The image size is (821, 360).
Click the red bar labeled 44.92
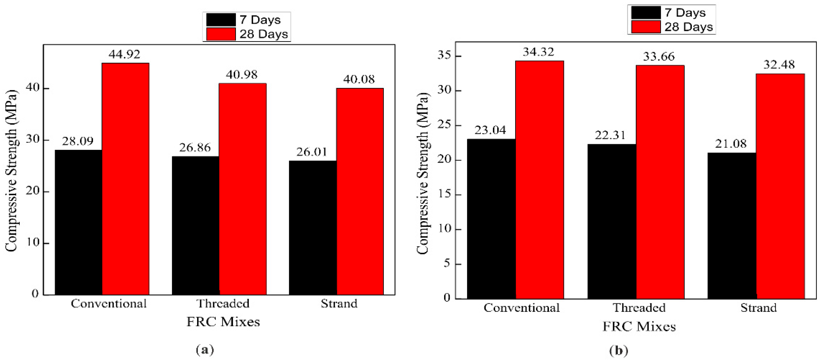coord(125,179)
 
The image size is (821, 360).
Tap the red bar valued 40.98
coord(242,189)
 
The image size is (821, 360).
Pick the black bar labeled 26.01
coord(313,227)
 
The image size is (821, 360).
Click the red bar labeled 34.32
coord(539,180)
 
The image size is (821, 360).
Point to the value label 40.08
coord(359,79)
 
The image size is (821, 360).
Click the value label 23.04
coord(490,130)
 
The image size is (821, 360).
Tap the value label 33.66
coord(658,57)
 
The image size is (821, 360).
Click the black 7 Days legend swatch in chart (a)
coord(221,20)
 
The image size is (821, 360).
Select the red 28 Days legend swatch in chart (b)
coord(645,27)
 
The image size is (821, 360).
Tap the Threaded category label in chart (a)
coord(222,304)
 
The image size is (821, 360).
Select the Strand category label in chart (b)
coord(758,308)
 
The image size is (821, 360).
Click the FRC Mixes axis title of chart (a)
coord(223,322)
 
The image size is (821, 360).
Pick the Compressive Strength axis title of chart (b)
coord(422,174)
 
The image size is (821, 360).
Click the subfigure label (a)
coord(205,349)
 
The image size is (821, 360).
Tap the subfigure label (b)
coord(618,351)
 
